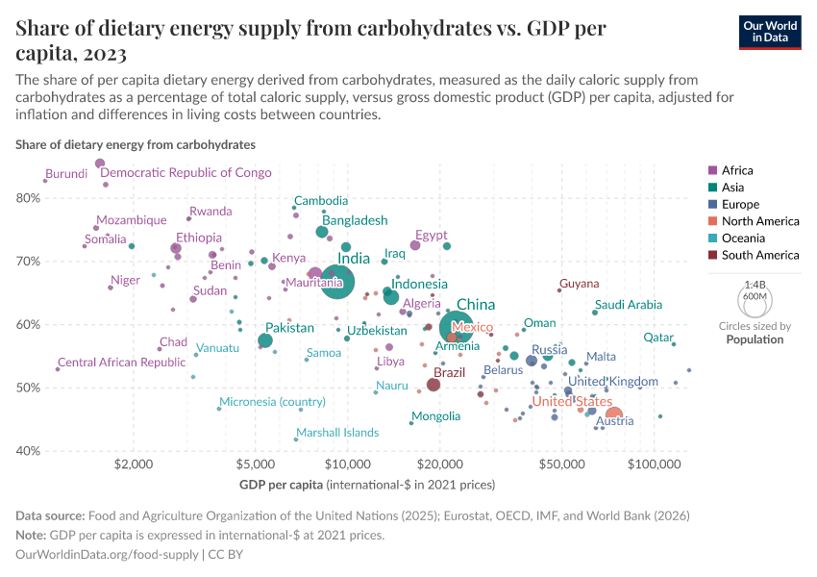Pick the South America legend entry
click(759, 255)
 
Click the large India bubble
click(334, 281)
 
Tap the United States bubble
click(613, 415)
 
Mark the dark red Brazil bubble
click(433, 385)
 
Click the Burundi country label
click(67, 174)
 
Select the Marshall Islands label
click(337, 433)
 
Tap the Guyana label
click(580, 284)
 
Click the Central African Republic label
click(121, 363)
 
